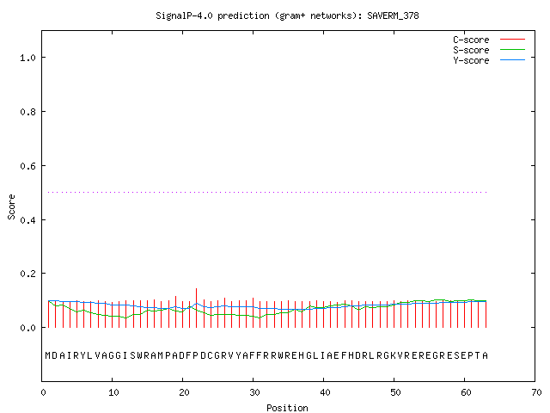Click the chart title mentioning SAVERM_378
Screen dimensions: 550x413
point(287,15)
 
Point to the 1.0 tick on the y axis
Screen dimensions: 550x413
point(28,58)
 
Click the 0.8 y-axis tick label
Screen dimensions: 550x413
point(28,112)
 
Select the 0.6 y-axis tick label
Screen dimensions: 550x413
point(28,166)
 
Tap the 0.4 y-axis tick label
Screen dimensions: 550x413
point(28,220)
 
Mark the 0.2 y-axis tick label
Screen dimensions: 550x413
point(28,274)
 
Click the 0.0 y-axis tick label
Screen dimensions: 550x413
point(28,328)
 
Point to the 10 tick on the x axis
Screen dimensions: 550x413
point(113,392)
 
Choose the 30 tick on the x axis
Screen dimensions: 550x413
point(254,392)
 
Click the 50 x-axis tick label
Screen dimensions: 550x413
point(395,392)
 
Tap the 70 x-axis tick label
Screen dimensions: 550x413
point(536,392)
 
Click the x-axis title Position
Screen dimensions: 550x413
point(287,408)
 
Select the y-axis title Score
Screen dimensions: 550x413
point(11,206)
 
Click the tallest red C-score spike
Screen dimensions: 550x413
point(197,308)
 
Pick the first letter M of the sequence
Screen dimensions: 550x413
point(48,355)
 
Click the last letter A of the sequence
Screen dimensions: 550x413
point(485,355)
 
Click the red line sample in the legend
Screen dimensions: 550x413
point(512,40)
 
